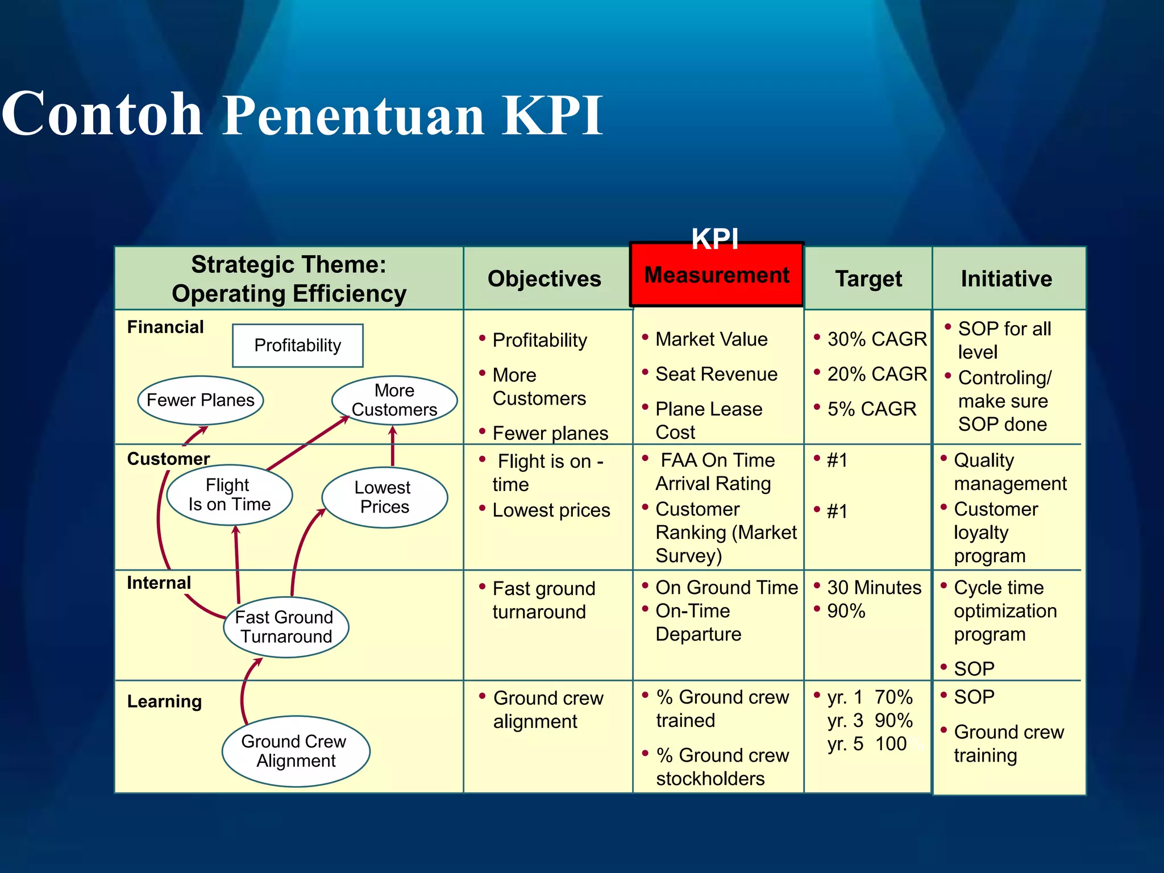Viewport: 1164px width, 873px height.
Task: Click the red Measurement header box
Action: pos(716,275)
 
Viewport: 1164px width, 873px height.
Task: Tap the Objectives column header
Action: pos(544,278)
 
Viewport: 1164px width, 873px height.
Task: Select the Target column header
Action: pos(868,278)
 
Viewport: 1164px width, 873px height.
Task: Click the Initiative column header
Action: pos(1006,278)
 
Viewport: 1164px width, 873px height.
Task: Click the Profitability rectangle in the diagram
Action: pos(297,345)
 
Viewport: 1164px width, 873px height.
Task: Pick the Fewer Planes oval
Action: pos(200,400)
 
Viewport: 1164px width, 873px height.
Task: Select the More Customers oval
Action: pos(394,400)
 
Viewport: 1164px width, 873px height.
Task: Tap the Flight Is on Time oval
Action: pos(230,495)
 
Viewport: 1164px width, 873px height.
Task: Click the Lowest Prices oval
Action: pos(385,497)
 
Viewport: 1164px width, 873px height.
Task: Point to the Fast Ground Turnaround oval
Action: pos(285,627)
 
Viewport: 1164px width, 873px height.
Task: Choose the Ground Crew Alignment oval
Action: pos(296,751)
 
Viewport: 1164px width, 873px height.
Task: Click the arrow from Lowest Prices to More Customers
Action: pos(393,447)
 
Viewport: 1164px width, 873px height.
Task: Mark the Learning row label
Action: pos(164,701)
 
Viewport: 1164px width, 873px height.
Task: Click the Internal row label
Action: pos(159,583)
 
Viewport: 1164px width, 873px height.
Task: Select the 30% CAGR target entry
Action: pos(876,339)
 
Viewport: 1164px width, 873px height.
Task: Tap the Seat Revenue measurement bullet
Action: pos(716,374)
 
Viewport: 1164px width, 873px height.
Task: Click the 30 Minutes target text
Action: pos(874,587)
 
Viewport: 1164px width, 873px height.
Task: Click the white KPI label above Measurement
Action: pos(714,238)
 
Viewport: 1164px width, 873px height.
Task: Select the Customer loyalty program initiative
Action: pos(995,532)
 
